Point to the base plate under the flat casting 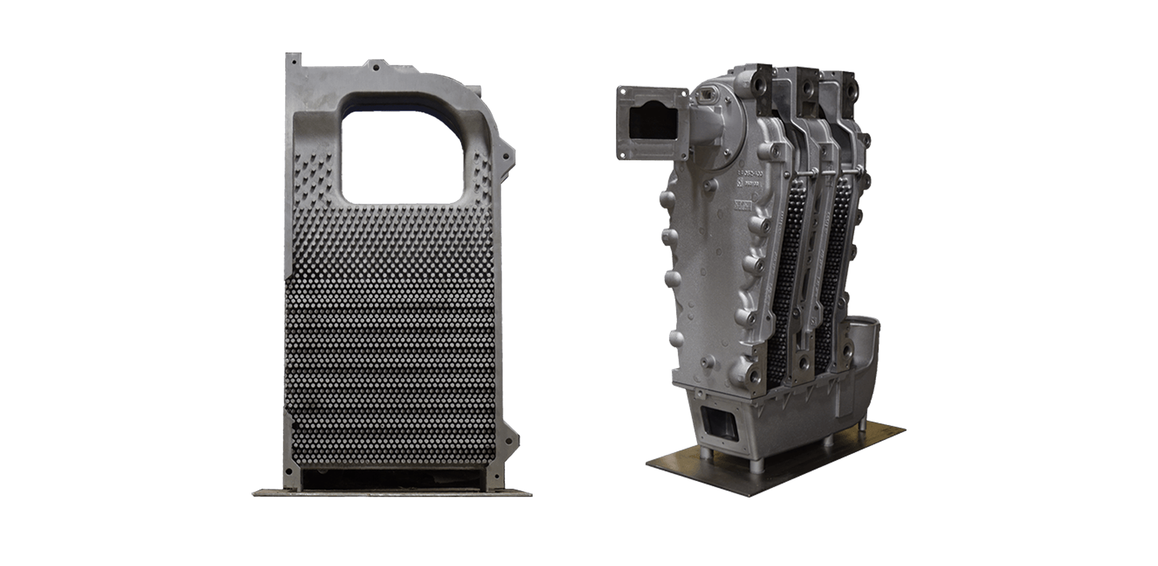[x=392, y=492]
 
